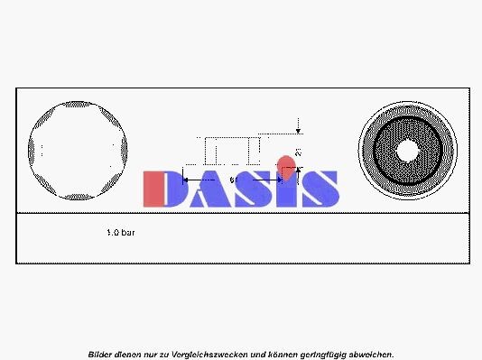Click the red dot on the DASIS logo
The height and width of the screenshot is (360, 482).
pyautogui.click(x=285, y=165)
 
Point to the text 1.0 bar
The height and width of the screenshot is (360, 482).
pyautogui.click(x=122, y=233)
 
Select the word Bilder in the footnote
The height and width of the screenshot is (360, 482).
pyautogui.click(x=102, y=354)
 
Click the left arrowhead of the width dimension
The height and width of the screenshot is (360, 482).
pyautogui.click(x=187, y=180)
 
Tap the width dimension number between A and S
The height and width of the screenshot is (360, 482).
pyautogui.click(x=233, y=180)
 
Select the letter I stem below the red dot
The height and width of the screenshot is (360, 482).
pyautogui.click(x=285, y=192)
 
